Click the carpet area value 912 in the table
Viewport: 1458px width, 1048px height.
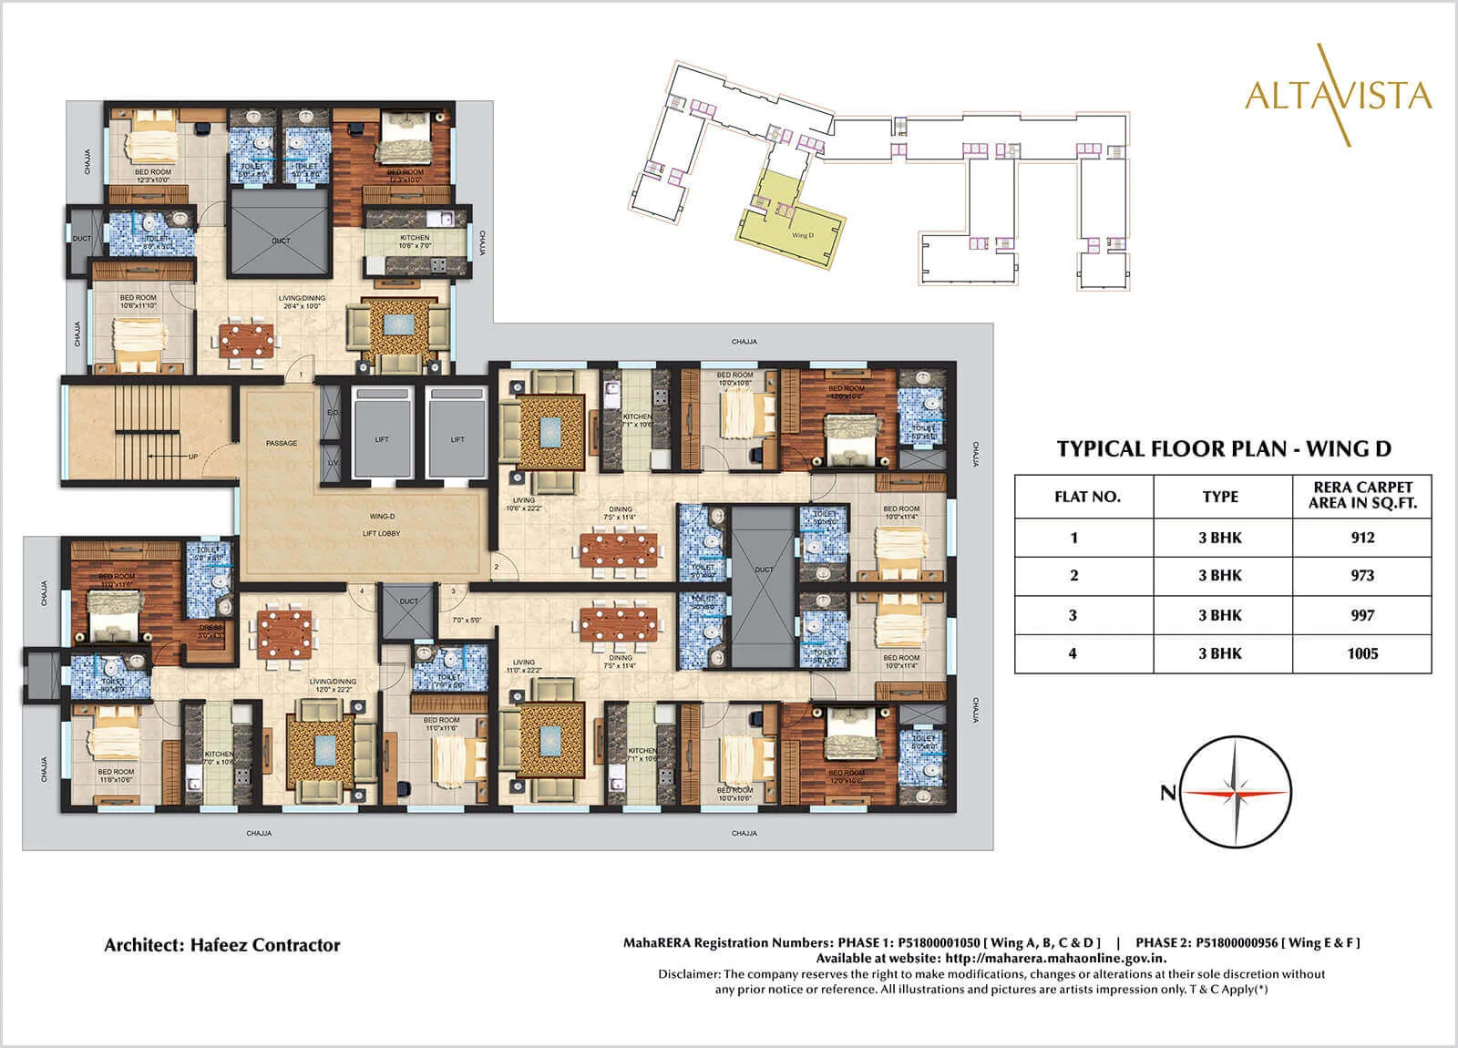pyautogui.click(x=1362, y=538)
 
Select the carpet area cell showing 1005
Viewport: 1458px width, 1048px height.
pyautogui.click(x=1362, y=653)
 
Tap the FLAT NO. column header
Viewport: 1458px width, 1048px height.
pyautogui.click(x=1087, y=497)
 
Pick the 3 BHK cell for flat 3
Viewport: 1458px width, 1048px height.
pyautogui.click(x=1220, y=615)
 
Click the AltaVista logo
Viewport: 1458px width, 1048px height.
pyautogui.click(x=1338, y=96)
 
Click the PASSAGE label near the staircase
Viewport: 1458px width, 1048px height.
pyautogui.click(x=282, y=444)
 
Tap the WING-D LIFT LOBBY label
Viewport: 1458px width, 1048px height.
pyautogui.click(x=382, y=525)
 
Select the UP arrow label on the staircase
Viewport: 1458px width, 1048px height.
pyautogui.click(x=192, y=457)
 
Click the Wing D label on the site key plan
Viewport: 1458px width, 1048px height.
pyautogui.click(x=802, y=235)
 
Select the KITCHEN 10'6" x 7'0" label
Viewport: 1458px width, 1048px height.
pyautogui.click(x=415, y=241)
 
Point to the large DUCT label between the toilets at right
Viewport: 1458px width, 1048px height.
pyautogui.click(x=764, y=570)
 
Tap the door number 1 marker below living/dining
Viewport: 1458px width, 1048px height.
pyautogui.click(x=301, y=375)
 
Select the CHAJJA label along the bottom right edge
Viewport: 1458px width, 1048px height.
pyautogui.click(x=744, y=833)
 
